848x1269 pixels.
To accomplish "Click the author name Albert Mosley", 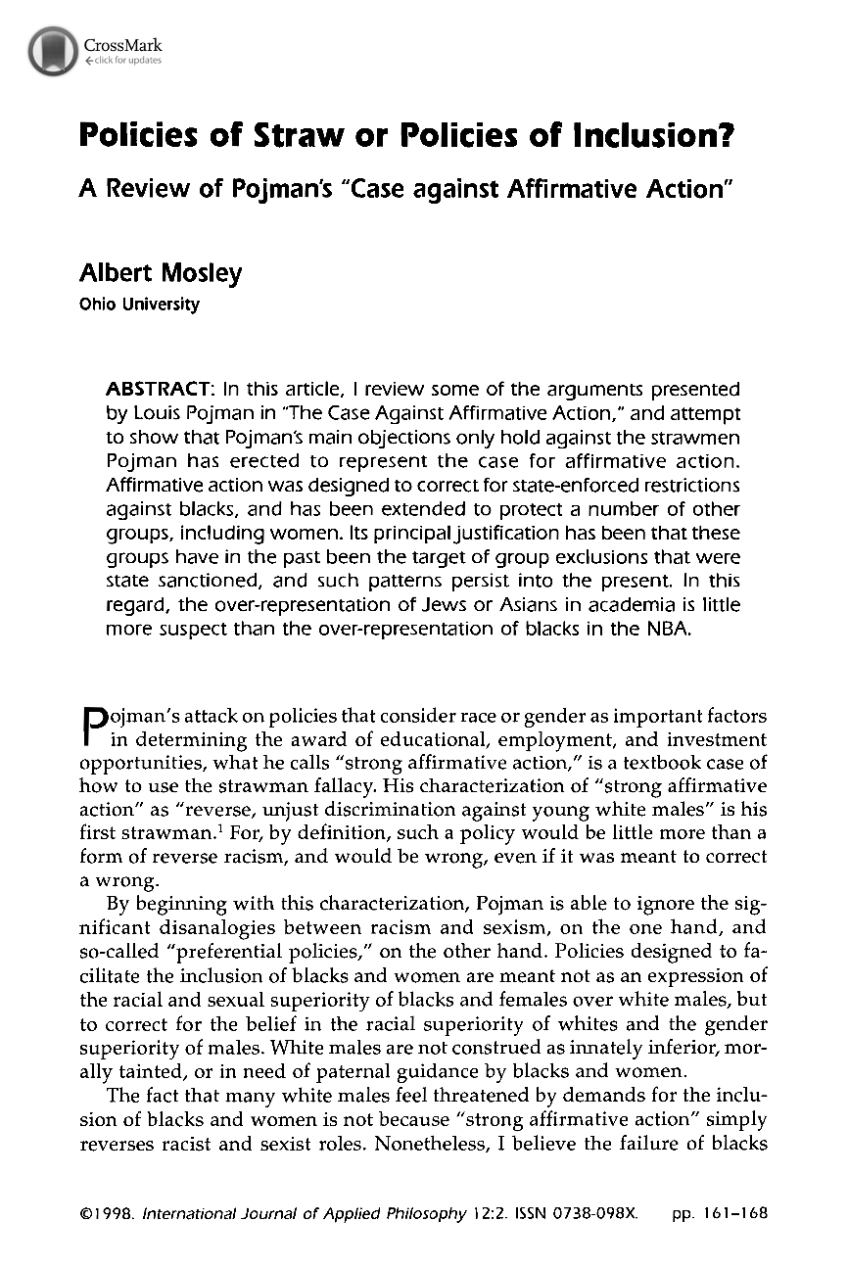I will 160,274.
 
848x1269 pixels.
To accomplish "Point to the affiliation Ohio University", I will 138,305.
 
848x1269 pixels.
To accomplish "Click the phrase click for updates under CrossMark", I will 122,61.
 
